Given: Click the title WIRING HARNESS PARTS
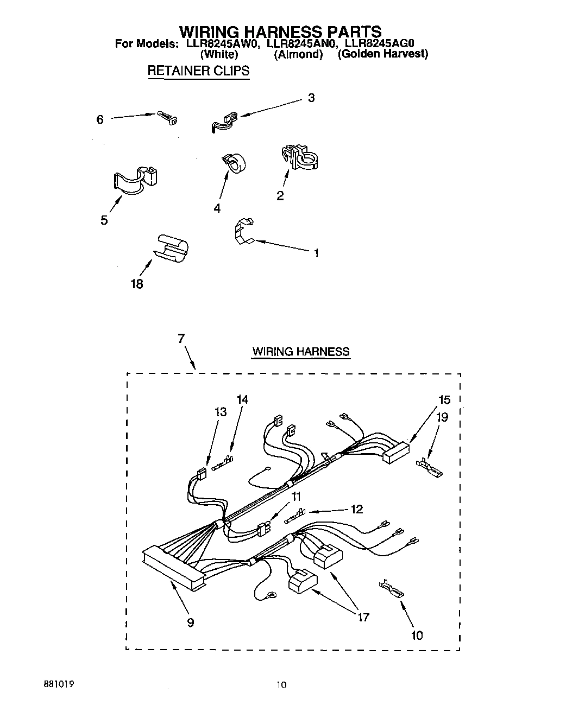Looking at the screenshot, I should [x=280, y=31].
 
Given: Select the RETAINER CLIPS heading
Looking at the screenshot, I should [x=198, y=71].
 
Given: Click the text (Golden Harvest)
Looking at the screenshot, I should [x=383, y=54].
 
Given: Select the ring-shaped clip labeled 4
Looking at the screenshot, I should [x=234, y=162].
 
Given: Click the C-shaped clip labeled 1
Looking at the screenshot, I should [x=243, y=232].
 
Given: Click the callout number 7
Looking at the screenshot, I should [x=181, y=339].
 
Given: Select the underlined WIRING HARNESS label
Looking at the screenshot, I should [x=300, y=352].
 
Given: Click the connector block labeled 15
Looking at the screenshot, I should [x=396, y=452].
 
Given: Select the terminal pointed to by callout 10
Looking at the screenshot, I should [x=392, y=588].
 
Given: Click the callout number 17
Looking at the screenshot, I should [x=363, y=617].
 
